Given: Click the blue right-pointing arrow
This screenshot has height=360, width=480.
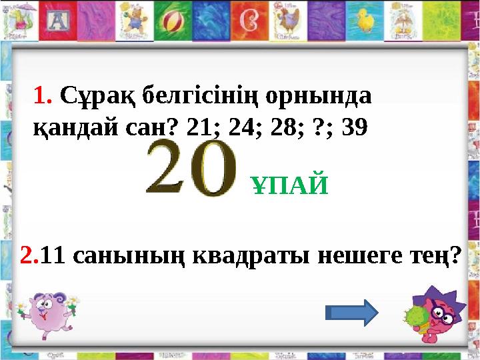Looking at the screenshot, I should (x=352, y=312).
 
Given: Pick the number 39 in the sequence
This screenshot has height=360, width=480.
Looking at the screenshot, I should (x=353, y=128).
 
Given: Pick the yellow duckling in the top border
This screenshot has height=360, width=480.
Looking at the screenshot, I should (x=365, y=21).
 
